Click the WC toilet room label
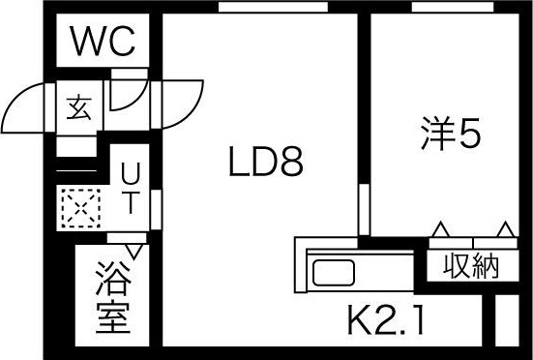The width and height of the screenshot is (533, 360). click(x=106, y=43)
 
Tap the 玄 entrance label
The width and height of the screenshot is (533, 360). click(x=78, y=108)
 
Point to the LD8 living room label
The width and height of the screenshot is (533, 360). click(x=266, y=163)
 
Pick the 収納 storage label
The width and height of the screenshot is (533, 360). click(x=471, y=264)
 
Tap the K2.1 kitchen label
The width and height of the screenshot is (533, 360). click(x=387, y=319)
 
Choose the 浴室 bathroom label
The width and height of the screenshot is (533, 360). click(x=113, y=300)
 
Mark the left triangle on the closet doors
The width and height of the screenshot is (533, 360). click(x=440, y=229)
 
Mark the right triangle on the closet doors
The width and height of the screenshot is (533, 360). click(x=505, y=229)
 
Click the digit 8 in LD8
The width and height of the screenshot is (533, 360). click(x=291, y=163)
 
